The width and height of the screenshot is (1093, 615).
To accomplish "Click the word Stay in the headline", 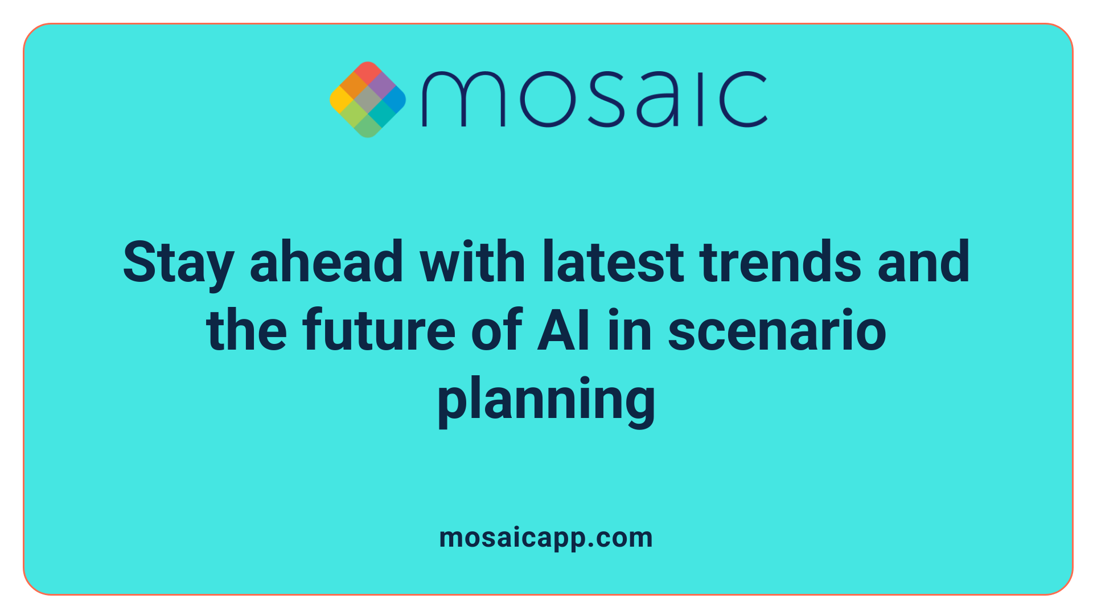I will point(178,263).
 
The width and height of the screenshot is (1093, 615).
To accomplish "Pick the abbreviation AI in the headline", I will point(564,330).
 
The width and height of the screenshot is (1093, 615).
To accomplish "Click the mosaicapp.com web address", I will point(546,538).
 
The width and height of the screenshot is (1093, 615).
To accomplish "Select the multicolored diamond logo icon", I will point(368,100).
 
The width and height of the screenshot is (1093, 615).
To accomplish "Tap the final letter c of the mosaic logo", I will point(743,99).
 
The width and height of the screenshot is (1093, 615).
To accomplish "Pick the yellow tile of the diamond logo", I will point(340,100).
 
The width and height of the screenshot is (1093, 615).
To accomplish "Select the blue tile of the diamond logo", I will point(395,100).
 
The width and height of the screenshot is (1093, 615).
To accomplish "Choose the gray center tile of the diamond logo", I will point(368,100).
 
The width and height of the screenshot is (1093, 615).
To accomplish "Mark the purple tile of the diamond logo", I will point(381,86).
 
